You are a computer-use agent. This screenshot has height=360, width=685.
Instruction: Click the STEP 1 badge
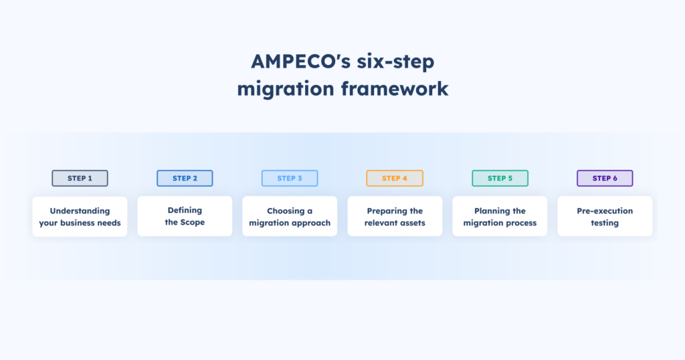pos(80,178)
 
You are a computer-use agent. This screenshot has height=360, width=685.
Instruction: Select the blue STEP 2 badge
pos(185,178)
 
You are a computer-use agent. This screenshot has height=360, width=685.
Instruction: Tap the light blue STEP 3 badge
pos(290,178)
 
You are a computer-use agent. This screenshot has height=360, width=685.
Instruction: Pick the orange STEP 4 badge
pos(395,178)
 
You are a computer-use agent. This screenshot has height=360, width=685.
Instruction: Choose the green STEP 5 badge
pos(500,178)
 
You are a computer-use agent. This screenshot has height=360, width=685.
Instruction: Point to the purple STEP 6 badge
pos(605,178)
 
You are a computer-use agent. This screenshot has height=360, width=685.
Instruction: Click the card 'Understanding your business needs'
pos(80,216)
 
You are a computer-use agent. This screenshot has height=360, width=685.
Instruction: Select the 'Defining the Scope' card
pos(185,216)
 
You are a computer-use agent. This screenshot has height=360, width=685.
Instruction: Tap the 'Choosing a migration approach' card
pos(290,216)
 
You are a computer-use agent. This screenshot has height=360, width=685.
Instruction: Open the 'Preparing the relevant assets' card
pos(395,216)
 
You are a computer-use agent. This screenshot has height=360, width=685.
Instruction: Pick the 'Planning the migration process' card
pos(500,216)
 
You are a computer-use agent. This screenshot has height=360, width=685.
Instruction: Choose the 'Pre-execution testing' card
pos(605,216)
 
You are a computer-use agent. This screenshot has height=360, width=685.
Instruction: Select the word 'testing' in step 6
pos(605,223)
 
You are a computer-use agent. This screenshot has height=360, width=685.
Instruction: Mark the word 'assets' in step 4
pos(411,223)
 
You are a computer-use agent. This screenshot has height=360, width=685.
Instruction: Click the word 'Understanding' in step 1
pos(80,211)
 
